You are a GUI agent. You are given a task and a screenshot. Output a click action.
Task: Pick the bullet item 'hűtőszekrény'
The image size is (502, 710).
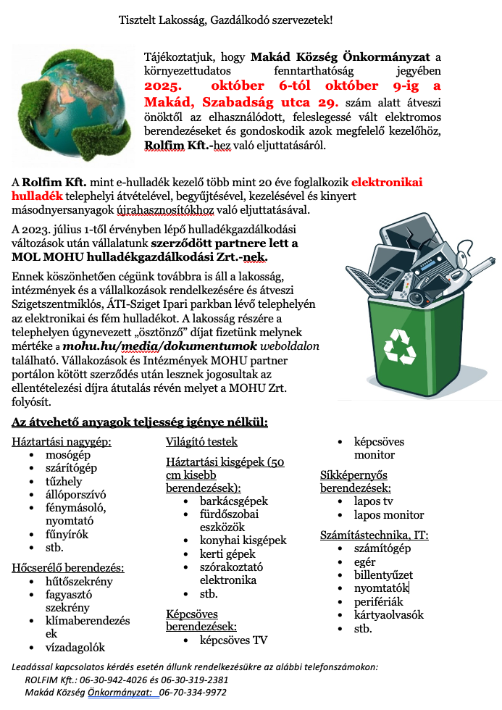[79, 581]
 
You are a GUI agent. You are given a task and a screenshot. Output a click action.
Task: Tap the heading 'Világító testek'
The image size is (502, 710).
[201, 441]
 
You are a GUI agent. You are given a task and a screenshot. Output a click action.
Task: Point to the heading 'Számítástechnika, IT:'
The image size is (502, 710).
[374, 535]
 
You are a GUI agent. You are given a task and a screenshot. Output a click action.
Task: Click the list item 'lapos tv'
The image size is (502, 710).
[374, 501]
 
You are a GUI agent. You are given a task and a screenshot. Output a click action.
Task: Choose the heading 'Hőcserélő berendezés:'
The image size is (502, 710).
[68, 567]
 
